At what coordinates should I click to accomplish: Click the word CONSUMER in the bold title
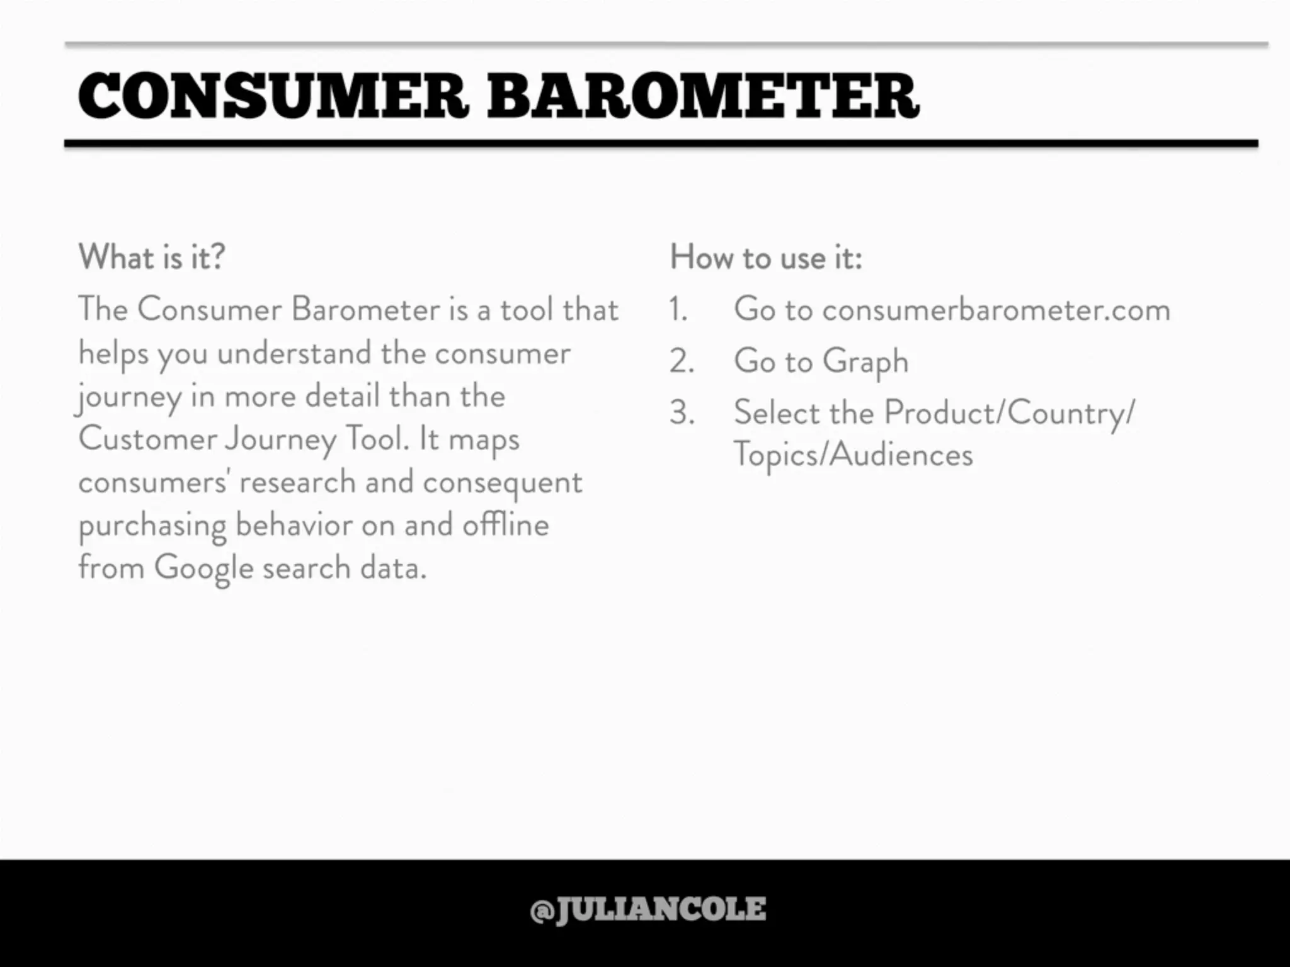273,96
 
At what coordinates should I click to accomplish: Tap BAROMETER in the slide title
703,96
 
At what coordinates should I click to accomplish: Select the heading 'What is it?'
151,257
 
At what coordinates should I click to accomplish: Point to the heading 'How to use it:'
766,257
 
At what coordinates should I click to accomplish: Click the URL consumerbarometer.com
996,309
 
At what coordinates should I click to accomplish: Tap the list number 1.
678,310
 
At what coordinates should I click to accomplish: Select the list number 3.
682,413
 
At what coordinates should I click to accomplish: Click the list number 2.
682,361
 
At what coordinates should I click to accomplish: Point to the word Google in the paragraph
203,568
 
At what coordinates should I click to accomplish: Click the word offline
505,524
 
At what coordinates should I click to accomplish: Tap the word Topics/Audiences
853,455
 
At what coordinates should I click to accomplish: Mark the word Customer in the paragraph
147,438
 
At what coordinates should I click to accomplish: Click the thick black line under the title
661,144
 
